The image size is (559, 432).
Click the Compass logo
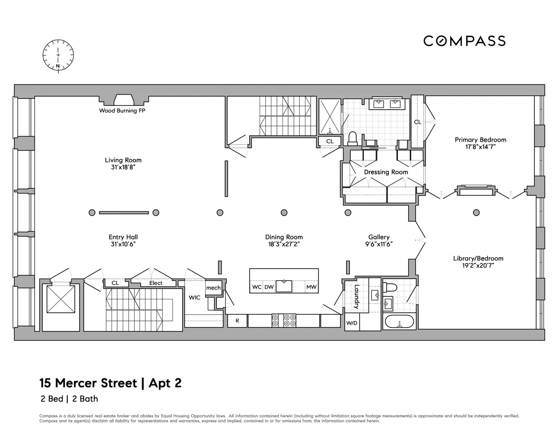[x=464, y=41]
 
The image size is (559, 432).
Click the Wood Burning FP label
[x=122, y=111]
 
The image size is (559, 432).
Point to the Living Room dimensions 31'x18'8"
[x=123, y=167]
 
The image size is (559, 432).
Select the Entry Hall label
[x=123, y=237]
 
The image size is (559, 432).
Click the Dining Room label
[x=284, y=237]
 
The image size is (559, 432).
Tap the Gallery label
[x=379, y=237]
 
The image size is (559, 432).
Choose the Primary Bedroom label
[x=480, y=140]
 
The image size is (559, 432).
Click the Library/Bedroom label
[x=478, y=258]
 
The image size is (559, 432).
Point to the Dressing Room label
[x=386, y=172]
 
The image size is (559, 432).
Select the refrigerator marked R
[x=237, y=321]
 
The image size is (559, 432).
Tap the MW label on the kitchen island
[x=311, y=287]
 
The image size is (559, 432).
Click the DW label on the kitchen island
[x=269, y=287]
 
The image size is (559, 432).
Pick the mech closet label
[x=213, y=288]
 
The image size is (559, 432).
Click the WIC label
[x=194, y=298]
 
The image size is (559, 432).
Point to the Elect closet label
[x=156, y=283]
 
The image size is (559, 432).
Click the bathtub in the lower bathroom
[x=399, y=322]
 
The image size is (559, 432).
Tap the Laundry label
[x=356, y=297]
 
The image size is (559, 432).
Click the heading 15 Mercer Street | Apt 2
[x=111, y=383]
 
